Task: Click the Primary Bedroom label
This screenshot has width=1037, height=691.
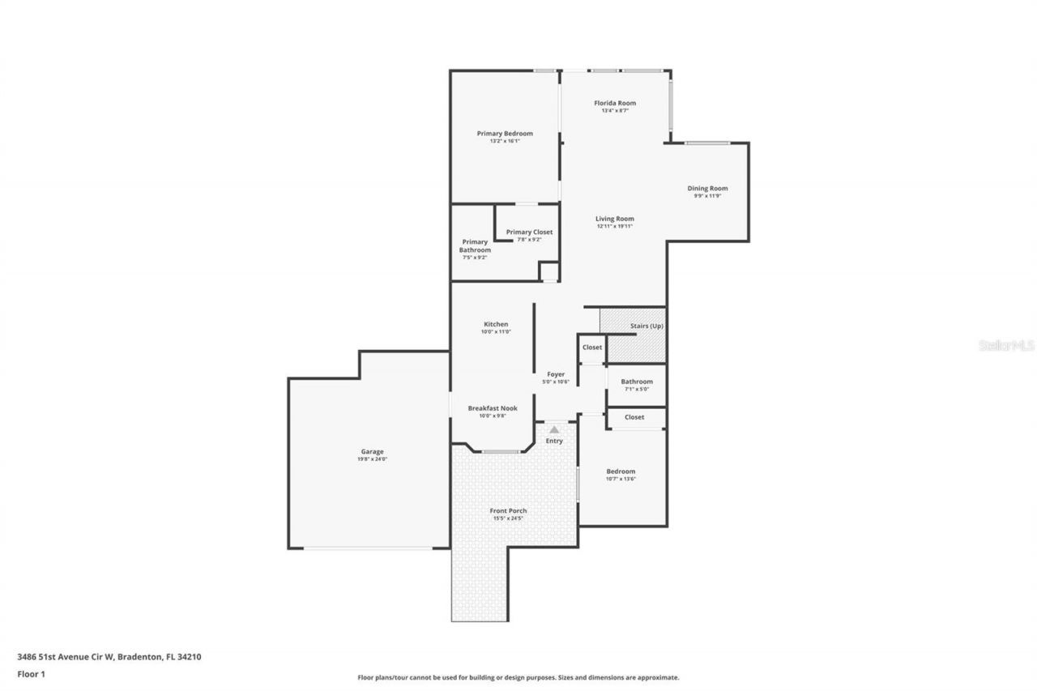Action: click(505, 134)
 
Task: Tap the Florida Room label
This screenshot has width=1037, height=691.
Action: click(615, 103)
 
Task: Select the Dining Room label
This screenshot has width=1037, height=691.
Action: click(707, 188)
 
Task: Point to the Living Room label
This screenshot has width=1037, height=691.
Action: click(615, 219)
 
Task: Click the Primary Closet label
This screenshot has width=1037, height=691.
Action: click(529, 232)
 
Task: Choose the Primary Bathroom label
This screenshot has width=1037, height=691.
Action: click(476, 245)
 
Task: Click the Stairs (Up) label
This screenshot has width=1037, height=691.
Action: click(647, 326)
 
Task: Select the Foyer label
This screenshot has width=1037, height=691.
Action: click(556, 374)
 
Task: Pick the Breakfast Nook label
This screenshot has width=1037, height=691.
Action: click(492, 408)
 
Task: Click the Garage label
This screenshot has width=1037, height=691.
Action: click(372, 451)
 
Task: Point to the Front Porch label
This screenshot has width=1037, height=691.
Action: click(508, 510)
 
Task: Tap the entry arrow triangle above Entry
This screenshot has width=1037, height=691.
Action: click(554, 429)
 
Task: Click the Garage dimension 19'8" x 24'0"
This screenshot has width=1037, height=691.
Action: click(372, 459)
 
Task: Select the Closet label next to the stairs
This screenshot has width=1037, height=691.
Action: click(592, 347)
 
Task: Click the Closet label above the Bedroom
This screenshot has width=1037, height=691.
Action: click(634, 417)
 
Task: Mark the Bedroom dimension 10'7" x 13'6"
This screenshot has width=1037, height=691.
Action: click(621, 479)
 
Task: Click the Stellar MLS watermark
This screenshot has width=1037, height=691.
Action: click(1006, 345)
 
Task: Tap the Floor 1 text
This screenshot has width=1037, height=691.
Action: click(31, 673)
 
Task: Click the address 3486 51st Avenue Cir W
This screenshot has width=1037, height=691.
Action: click(66, 657)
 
